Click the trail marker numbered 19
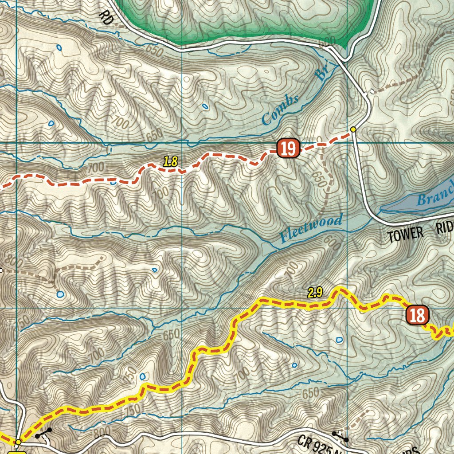tap(289, 149)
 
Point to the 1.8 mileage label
tap(170, 162)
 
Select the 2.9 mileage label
tap(314, 292)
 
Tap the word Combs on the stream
tap(280, 110)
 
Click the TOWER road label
tap(405, 235)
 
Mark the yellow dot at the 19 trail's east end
tap(353, 129)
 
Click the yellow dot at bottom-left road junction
tap(18, 442)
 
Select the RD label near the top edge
tap(106, 17)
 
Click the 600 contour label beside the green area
tap(327, 42)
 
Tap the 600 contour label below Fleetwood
tap(333, 243)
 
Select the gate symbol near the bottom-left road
tap(44, 433)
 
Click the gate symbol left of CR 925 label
tap(340, 436)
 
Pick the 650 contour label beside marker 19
tap(318, 180)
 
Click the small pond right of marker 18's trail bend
tap(339, 340)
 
